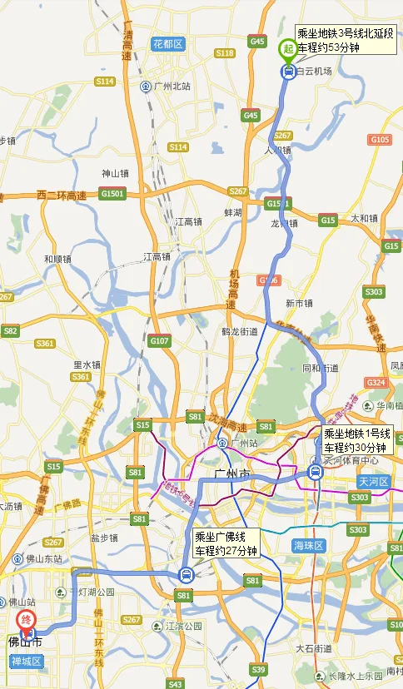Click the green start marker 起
click(x=286, y=48)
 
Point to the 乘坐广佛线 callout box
click(x=226, y=543)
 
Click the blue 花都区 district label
click(x=167, y=43)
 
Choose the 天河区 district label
click(x=374, y=482)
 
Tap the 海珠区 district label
click(x=309, y=546)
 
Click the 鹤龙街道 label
click(x=240, y=331)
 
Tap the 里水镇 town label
click(x=87, y=364)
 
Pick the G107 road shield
click(x=159, y=340)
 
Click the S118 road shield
click(x=224, y=53)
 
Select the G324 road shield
click(x=376, y=383)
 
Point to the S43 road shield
click(x=175, y=684)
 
